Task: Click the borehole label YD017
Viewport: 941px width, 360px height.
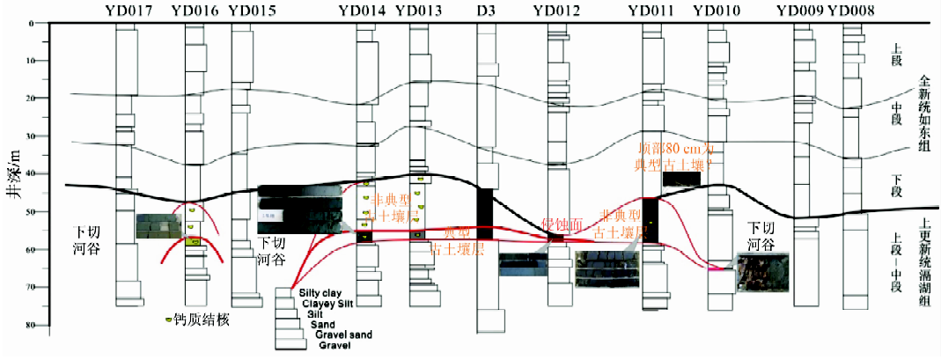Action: tap(126, 11)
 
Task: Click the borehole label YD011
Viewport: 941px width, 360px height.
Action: tap(651, 11)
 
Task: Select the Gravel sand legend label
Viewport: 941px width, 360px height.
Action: tap(337, 335)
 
